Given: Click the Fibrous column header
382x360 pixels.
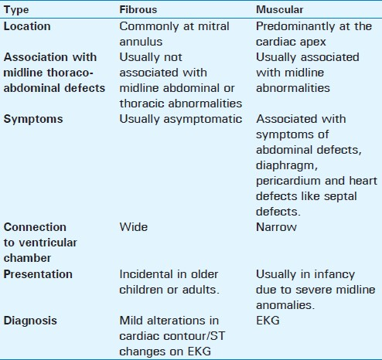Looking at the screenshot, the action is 138,10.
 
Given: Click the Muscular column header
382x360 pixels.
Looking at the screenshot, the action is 280,10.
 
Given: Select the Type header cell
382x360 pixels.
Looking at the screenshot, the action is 16,11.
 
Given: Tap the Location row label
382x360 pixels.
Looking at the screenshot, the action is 27,26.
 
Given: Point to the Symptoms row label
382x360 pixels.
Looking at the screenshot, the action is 33,119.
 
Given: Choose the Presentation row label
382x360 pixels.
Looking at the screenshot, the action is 38,274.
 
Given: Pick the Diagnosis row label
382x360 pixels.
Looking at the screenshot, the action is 30,321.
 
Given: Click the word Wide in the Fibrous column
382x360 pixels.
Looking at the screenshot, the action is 134,227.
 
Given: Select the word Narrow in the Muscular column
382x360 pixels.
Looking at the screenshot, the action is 276,227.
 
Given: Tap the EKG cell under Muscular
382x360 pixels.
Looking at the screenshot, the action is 268,321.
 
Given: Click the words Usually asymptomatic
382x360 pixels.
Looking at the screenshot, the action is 181,120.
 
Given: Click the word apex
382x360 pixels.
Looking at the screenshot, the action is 315,42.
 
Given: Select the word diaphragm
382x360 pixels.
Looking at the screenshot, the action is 287,166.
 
